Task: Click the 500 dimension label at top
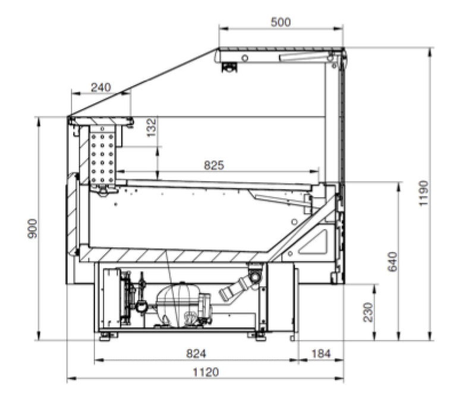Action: [x=281, y=22]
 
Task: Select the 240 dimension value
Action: [x=100, y=87]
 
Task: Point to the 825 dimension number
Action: [x=214, y=165]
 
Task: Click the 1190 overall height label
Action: [x=423, y=193]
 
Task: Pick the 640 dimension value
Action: [x=392, y=261]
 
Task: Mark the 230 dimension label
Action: [x=369, y=312]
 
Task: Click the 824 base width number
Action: [x=196, y=354]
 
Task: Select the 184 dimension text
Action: [x=320, y=354]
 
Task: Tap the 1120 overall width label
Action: [x=206, y=373]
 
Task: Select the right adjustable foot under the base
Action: [x=260, y=336]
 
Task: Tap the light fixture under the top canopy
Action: [x=229, y=67]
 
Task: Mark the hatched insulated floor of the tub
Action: [x=172, y=256]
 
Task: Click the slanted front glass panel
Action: [x=143, y=83]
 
